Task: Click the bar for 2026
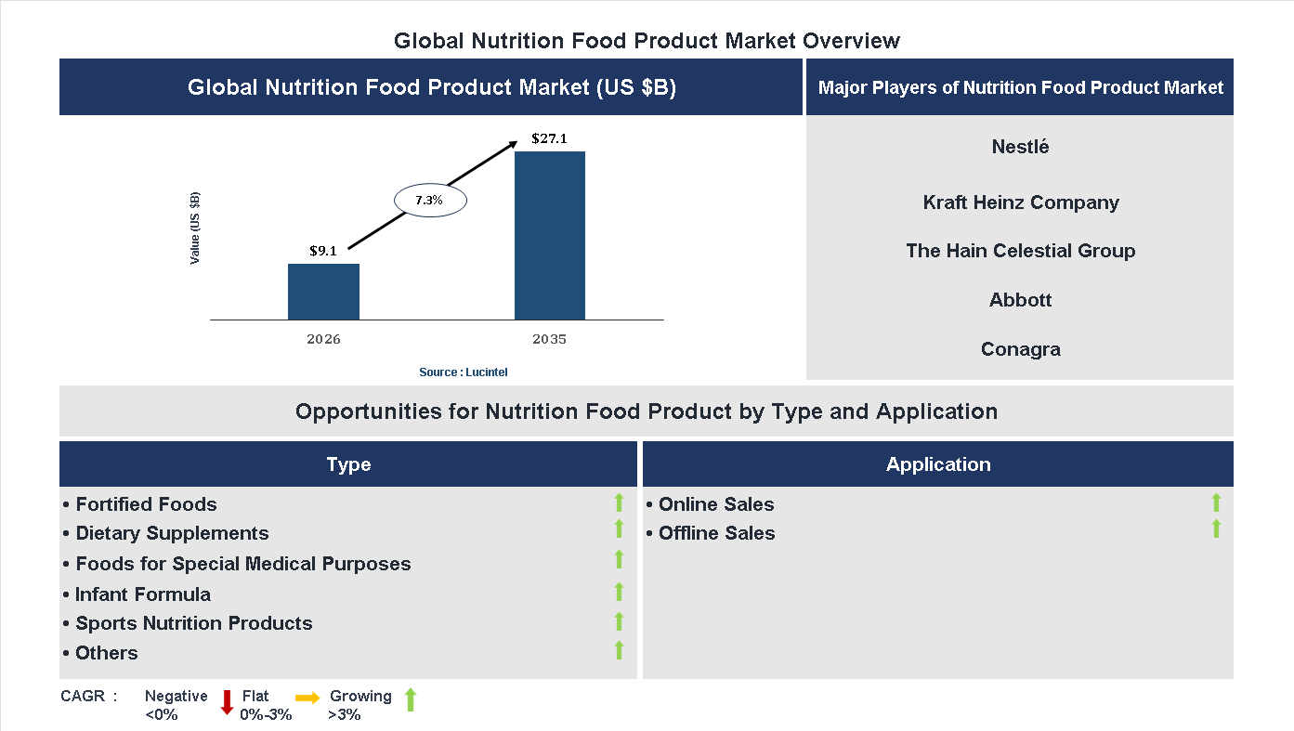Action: [323, 292]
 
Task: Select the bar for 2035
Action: [550, 235]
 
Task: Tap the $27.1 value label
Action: [549, 139]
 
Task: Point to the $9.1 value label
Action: [323, 251]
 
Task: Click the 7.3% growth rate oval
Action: [429, 201]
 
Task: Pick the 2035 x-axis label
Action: [549, 339]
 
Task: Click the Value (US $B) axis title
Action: [195, 228]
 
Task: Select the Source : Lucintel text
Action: [463, 372]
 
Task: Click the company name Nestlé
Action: [1020, 147]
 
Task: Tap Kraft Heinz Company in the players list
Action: [1020, 202]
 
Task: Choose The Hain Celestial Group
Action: [1020, 251]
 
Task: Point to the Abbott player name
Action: [1020, 300]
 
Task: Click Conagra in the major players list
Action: [1020, 349]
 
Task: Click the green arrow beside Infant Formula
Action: [619, 592]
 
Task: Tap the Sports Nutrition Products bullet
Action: [193, 623]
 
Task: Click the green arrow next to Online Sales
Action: [1216, 503]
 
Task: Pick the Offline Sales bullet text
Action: [715, 533]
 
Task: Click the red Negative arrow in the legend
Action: [227, 702]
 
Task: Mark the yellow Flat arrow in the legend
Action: [307, 697]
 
